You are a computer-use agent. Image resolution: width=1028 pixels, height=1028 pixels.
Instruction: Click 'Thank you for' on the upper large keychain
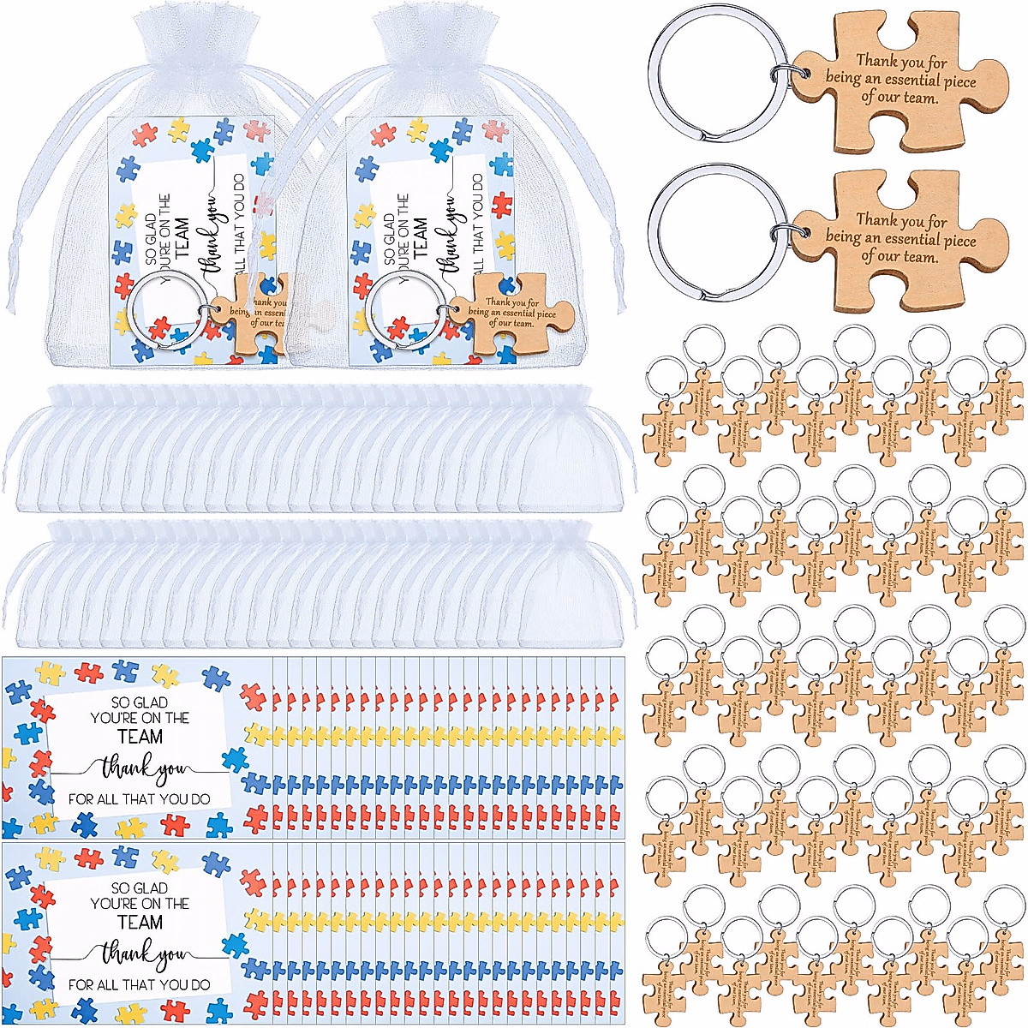pyautogui.click(x=901, y=62)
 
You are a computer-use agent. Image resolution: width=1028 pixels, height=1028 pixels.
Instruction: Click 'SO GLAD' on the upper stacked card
pyautogui.click(x=140, y=702)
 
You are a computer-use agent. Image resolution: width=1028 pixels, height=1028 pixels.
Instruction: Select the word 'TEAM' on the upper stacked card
pyautogui.click(x=140, y=737)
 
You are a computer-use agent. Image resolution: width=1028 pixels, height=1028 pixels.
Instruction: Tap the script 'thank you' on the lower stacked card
pyautogui.click(x=141, y=953)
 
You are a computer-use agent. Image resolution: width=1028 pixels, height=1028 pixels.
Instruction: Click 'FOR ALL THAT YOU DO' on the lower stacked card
pyautogui.click(x=140, y=985)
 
